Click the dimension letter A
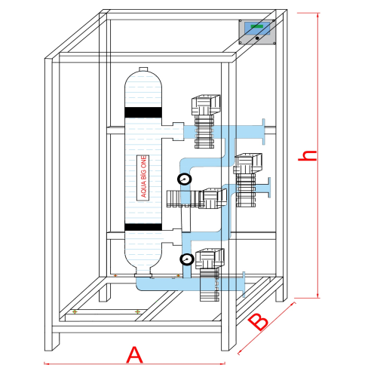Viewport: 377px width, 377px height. coord(134,354)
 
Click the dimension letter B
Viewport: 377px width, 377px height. coord(258,322)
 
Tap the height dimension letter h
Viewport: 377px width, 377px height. coord(307,155)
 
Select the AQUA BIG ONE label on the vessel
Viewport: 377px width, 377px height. coord(143,177)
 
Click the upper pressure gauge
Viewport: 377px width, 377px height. coord(185,179)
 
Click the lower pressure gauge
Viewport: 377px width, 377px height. coord(187,259)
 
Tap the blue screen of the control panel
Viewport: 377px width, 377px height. coord(257,29)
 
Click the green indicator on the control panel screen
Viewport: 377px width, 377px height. coord(257,26)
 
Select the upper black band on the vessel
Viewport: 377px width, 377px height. coord(143,112)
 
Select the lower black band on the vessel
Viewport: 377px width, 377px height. coord(143,227)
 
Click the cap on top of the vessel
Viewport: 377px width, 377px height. coord(143,69)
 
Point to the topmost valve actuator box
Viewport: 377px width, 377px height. coord(206,105)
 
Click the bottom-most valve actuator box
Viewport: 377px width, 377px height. coord(210,259)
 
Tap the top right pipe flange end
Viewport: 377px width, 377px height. coord(263,132)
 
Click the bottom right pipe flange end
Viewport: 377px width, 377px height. coord(244,284)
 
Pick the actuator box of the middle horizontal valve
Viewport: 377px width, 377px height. coord(213,198)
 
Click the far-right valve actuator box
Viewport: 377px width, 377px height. coord(248,164)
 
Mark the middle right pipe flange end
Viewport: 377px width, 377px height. coord(269,188)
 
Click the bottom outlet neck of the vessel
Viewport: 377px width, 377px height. coord(143,273)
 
